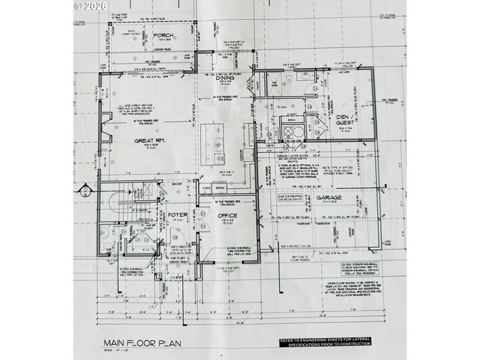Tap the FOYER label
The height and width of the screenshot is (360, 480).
coord(177,215)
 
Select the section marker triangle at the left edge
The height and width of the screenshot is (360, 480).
coord(85,192)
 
